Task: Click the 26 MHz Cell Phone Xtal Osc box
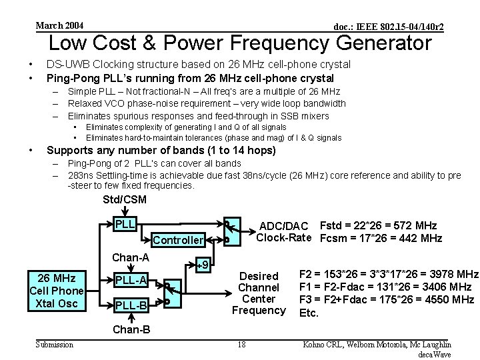[x=57, y=290]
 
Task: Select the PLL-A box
[x=131, y=279]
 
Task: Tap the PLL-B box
[x=131, y=305]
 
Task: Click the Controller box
[x=177, y=240]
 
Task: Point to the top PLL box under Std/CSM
[x=125, y=223]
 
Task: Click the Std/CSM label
[x=125, y=200]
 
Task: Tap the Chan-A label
[x=131, y=257]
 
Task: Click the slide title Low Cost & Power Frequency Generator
[x=240, y=43]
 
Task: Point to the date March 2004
[x=59, y=25]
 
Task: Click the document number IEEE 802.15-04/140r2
[x=389, y=26]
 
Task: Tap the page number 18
[x=241, y=345]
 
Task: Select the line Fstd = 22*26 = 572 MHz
[x=379, y=226]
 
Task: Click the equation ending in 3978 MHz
[x=389, y=274]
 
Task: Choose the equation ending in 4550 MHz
[x=387, y=299]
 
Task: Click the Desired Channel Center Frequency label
[x=259, y=293]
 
